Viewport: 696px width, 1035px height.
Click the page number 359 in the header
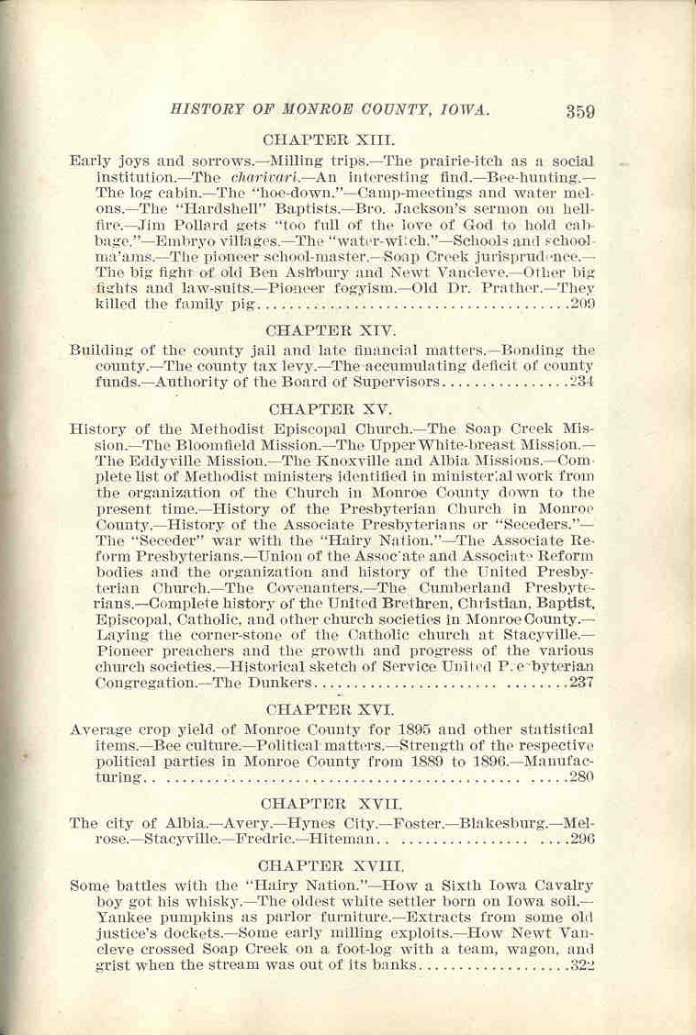[581, 113]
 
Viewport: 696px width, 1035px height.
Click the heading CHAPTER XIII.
[329, 140]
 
